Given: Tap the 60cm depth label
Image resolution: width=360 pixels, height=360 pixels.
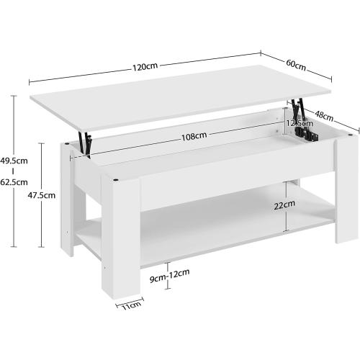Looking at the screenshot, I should pyautogui.click(x=296, y=65).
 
